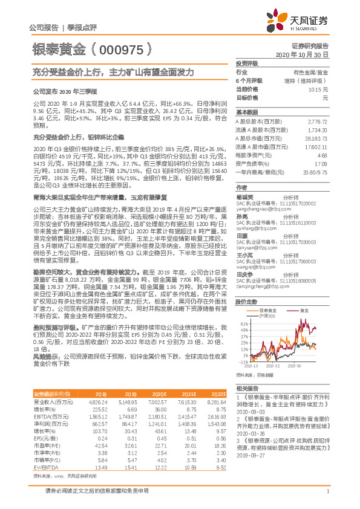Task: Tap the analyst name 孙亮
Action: click(x=241, y=216)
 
